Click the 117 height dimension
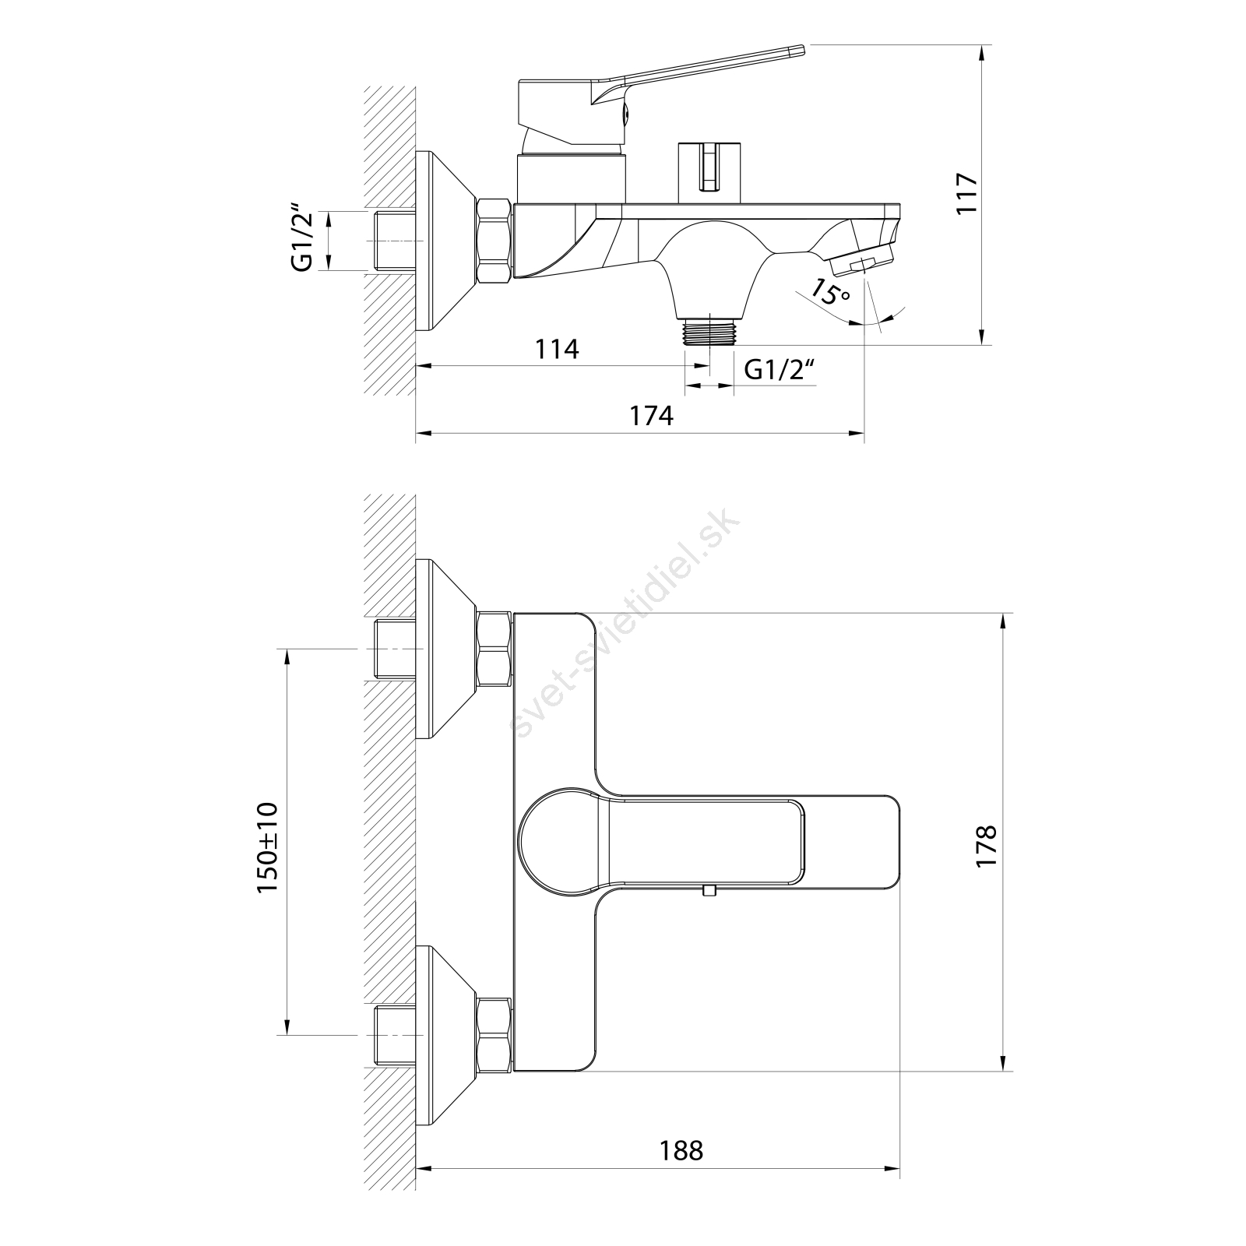click(x=966, y=194)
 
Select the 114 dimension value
click(x=557, y=350)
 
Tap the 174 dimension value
click(x=651, y=416)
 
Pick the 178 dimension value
click(x=986, y=847)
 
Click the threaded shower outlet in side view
click(x=709, y=330)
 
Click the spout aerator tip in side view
click(x=861, y=262)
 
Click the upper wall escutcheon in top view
click(x=445, y=649)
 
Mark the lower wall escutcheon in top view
click(x=445, y=1035)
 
